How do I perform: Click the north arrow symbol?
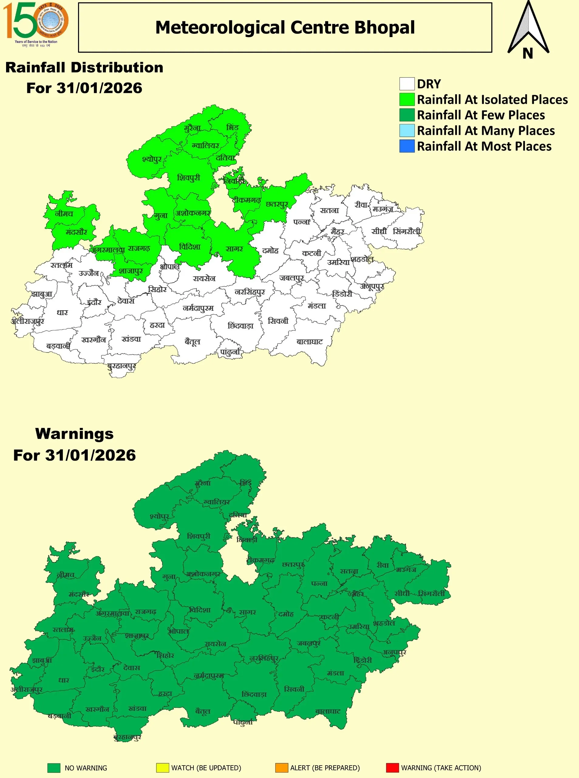pyautogui.click(x=528, y=30)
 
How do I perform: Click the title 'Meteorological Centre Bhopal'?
pyautogui.click(x=284, y=27)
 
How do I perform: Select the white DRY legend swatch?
pyautogui.click(x=407, y=84)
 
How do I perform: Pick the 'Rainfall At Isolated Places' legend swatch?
pyautogui.click(x=407, y=100)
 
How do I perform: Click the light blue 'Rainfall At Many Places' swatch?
pyautogui.click(x=407, y=130)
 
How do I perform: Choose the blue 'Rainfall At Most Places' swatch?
pyautogui.click(x=407, y=146)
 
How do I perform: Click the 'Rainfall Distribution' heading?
pyautogui.click(x=84, y=67)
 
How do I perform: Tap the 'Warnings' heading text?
pyautogui.click(x=74, y=434)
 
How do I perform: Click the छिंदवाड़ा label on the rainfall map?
pyautogui.click(x=240, y=325)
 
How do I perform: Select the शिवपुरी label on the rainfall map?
pyautogui.click(x=189, y=177)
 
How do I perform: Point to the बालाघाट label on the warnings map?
pyautogui.click(x=328, y=711)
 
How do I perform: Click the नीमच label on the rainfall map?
pyautogui.click(x=64, y=213)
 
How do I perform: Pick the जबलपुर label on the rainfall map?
pyautogui.click(x=291, y=278)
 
